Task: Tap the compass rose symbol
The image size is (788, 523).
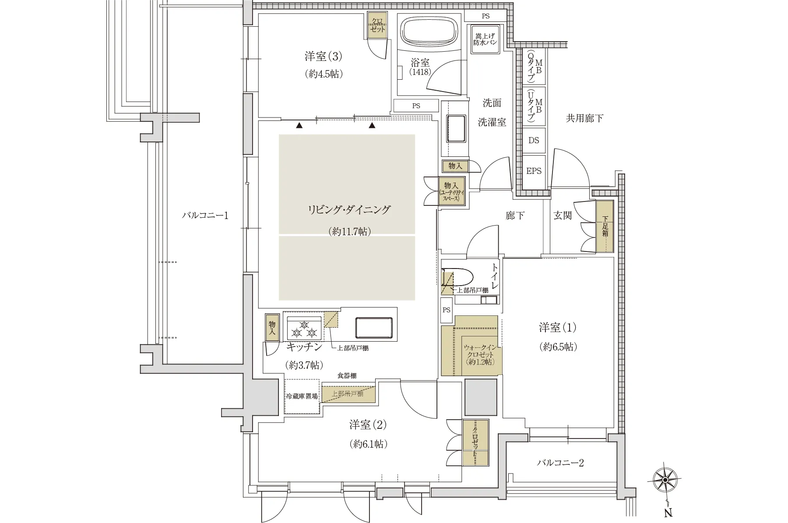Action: tap(665, 481)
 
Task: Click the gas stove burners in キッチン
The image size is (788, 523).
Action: tap(304, 329)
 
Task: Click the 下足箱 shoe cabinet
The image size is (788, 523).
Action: tap(605, 226)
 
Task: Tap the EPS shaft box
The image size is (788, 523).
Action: tap(534, 171)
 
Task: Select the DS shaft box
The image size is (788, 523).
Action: tap(534, 141)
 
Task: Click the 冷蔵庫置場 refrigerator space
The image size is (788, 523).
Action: tap(302, 396)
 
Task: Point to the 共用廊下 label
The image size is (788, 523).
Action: tap(584, 118)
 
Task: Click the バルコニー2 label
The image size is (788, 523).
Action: tap(560, 463)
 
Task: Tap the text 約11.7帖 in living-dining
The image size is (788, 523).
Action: tap(349, 232)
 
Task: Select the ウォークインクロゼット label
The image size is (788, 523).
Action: tap(480, 354)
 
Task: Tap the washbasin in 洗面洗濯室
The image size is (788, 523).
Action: tap(456, 129)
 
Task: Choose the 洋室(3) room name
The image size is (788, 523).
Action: tap(323, 57)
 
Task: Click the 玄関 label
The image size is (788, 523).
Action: tap(563, 216)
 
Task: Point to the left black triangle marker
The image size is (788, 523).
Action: tap(299, 126)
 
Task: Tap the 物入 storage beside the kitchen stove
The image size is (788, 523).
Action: tap(272, 327)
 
